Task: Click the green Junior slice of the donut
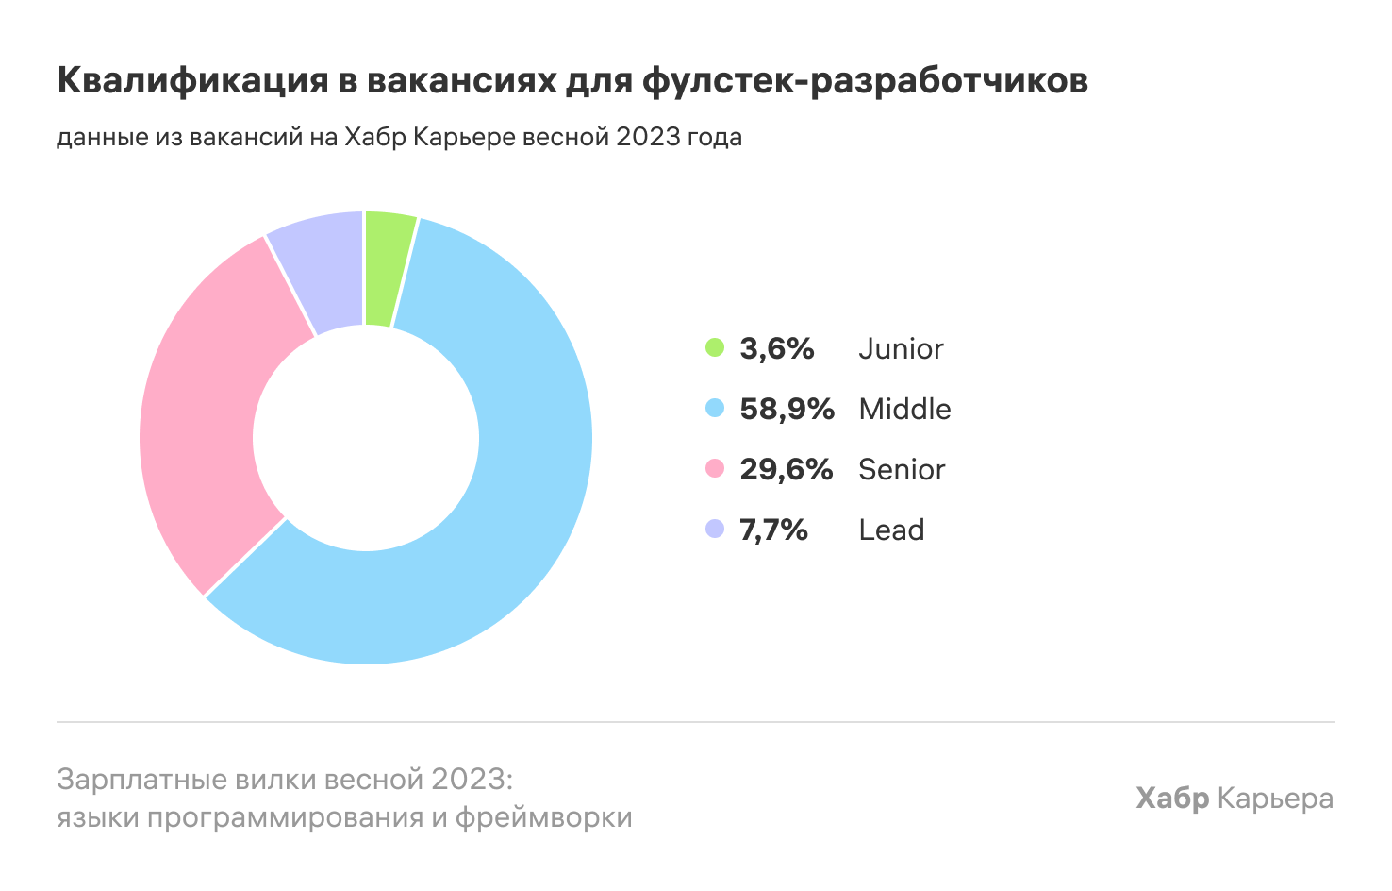[387, 268]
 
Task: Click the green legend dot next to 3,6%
[715, 348]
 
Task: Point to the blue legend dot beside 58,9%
[715, 409]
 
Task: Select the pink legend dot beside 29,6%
[715, 469]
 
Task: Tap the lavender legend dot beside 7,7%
[715, 530]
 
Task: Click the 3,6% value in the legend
[776, 348]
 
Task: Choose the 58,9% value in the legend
[787, 409]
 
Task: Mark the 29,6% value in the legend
[786, 469]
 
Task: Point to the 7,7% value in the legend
[773, 530]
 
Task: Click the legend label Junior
[901, 348]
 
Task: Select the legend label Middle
[904, 409]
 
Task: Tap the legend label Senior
[902, 469]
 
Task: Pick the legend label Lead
[891, 530]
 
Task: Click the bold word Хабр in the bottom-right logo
[1172, 799]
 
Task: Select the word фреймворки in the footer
[544, 816]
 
